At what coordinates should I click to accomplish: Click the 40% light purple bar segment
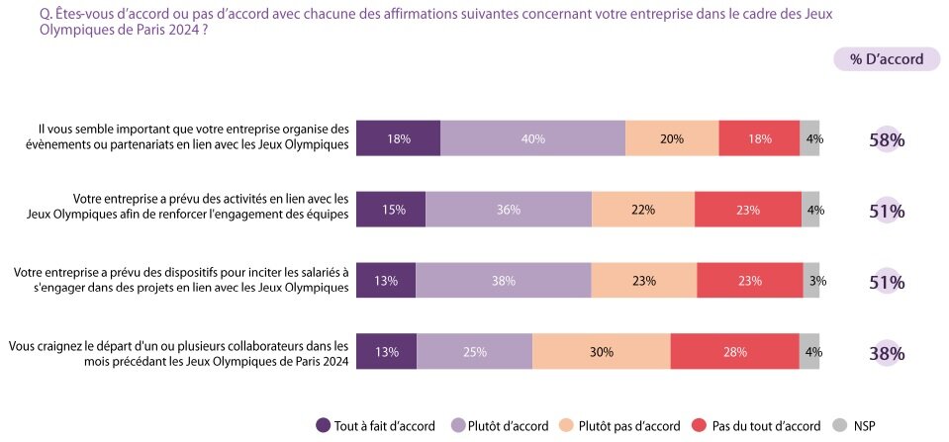click(x=532, y=139)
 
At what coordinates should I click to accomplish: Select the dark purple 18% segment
click(x=398, y=139)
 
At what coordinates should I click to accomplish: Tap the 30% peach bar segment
click(x=601, y=352)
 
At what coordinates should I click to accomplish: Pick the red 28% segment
click(x=734, y=352)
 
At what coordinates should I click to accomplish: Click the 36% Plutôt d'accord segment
click(x=508, y=210)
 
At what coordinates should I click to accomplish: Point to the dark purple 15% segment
click(x=390, y=210)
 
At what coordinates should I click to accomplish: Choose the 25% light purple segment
click(x=474, y=352)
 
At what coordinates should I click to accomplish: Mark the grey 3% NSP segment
click(x=811, y=281)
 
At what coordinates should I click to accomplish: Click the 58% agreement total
click(x=887, y=140)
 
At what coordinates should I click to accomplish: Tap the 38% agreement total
click(x=887, y=353)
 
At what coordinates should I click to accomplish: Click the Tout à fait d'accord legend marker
click(x=323, y=426)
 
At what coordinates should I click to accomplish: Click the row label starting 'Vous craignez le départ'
click(x=178, y=353)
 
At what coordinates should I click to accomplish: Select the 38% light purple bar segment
click(x=503, y=281)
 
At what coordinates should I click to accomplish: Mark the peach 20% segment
click(x=672, y=139)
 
